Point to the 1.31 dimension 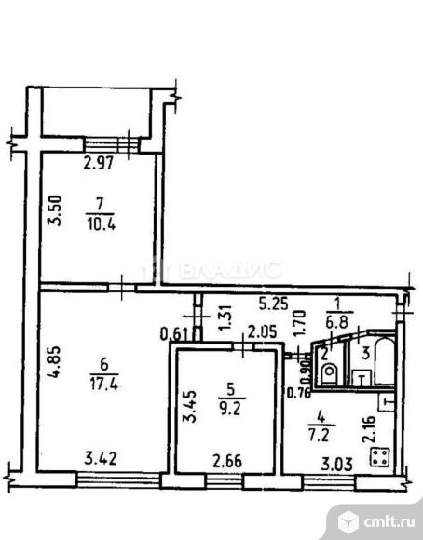[x=224, y=316]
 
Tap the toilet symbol [x=327, y=374]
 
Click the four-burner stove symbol [x=379, y=456]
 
